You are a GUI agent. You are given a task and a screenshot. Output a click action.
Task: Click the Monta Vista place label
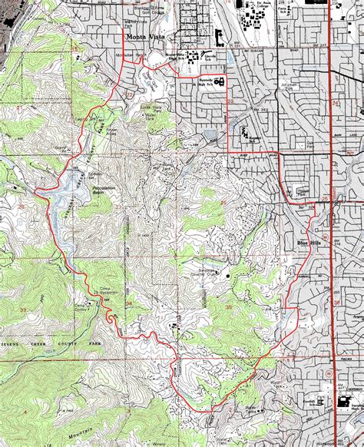(141, 36)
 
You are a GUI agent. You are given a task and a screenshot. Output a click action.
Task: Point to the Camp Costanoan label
(84, 305)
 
